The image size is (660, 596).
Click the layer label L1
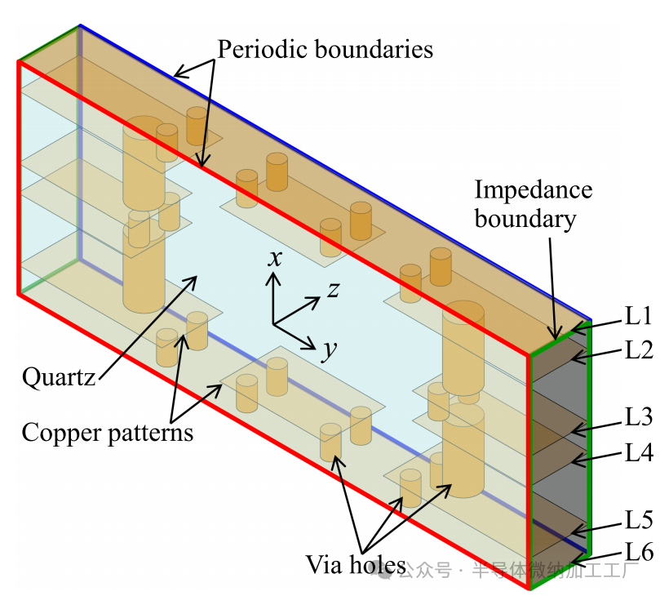pyautogui.click(x=639, y=316)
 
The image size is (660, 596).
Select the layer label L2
pyautogui.click(x=639, y=351)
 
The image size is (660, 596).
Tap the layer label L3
pyautogui.click(x=639, y=417)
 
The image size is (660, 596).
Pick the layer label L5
pyautogui.click(x=639, y=519)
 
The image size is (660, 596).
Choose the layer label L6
pyautogui.click(x=639, y=553)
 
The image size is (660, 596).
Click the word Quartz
pyautogui.click(x=58, y=377)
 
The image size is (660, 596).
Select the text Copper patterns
pyautogui.click(x=107, y=432)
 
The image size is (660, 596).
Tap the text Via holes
pyautogui.click(x=356, y=564)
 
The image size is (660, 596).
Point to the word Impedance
pyautogui.click(x=533, y=190)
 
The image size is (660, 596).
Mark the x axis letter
pyautogui.click(x=276, y=259)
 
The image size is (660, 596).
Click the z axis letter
pyautogui.click(x=333, y=289)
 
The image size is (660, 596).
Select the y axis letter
pyautogui.click(x=329, y=349)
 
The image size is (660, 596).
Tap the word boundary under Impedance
pyautogui.click(x=525, y=219)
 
